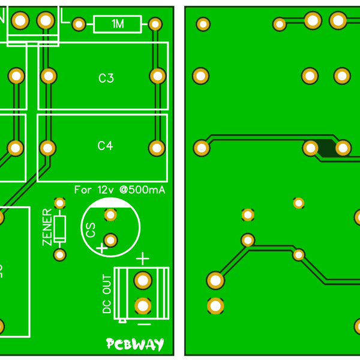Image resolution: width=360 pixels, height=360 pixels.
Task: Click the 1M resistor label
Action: pos(118,24)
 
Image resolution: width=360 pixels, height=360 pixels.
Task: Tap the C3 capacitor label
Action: pos(106,78)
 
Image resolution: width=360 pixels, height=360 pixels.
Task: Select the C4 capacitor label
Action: pos(105,146)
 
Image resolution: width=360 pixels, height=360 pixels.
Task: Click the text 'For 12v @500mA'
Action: pos(119,190)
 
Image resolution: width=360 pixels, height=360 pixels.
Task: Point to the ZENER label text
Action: pos(47,227)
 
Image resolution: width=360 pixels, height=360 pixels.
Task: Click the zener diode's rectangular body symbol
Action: pos(59,229)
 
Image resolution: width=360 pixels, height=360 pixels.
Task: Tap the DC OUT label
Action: pos(107,294)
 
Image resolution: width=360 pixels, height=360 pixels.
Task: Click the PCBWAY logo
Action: pos(135,344)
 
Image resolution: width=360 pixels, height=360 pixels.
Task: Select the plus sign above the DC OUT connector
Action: pos(142,259)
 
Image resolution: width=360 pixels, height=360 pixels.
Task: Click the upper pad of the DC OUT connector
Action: pos(143,280)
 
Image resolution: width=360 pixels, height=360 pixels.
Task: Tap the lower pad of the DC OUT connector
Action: pos(143,306)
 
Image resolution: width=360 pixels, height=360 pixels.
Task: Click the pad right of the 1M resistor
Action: pos(155,24)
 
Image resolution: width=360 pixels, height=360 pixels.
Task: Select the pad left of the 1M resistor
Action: pos(79,24)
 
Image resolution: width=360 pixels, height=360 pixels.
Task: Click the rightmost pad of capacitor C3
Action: pos(157,76)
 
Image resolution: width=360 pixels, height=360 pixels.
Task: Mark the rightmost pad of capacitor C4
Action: pos(157,148)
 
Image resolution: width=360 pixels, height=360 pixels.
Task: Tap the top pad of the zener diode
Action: pos(59,203)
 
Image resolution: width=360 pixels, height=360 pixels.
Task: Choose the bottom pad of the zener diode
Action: pos(59,255)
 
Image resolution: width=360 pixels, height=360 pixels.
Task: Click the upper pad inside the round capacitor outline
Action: pos(110,215)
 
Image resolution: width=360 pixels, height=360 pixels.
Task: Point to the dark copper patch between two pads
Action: pos(326,148)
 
